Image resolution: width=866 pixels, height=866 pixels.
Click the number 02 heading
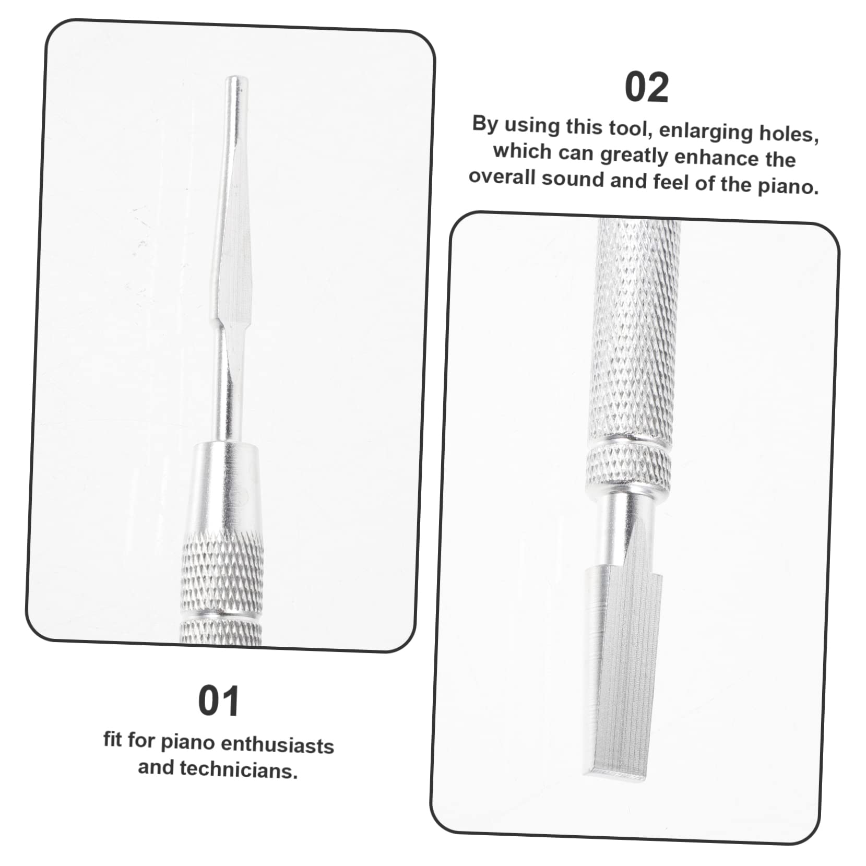point(646,88)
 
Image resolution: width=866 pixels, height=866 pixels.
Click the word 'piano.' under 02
point(788,186)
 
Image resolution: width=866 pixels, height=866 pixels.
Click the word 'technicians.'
point(238,770)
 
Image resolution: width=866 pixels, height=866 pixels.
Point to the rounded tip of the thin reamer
point(236,81)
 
